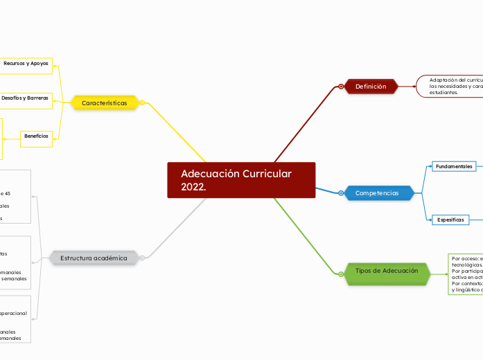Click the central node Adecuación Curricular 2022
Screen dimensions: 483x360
[241, 180]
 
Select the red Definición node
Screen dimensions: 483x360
[371, 87]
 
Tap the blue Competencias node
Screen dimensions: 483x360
[378, 193]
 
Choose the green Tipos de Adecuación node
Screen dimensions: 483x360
[387, 271]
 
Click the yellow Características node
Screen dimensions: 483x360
[105, 103]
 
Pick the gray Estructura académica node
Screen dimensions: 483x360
[94, 258]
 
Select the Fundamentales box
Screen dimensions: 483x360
[454, 166]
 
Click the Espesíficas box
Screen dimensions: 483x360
[450, 219]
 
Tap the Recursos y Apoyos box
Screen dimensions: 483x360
[26, 64]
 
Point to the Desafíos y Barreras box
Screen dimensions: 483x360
[26, 98]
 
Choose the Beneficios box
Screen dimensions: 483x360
[37, 136]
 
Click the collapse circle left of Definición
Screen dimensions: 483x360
[342, 87]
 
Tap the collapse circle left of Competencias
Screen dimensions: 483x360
[342, 193]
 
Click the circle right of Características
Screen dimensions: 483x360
[142, 103]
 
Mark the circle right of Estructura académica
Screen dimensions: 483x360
[142, 258]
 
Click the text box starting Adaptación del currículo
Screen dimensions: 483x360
[454, 86]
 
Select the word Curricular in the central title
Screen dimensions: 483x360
[267, 173]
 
